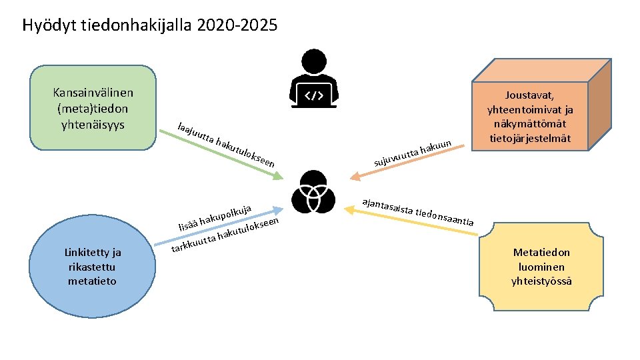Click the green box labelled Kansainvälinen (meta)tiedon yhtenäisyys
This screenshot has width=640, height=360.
tap(93, 107)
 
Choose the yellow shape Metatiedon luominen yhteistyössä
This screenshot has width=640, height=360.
tap(541, 267)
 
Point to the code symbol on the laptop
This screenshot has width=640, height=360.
tap(314, 95)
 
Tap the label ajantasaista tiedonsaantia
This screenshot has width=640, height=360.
tap(417, 212)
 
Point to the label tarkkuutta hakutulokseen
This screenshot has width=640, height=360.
tap(225, 235)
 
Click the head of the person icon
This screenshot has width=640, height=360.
tap(314, 63)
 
